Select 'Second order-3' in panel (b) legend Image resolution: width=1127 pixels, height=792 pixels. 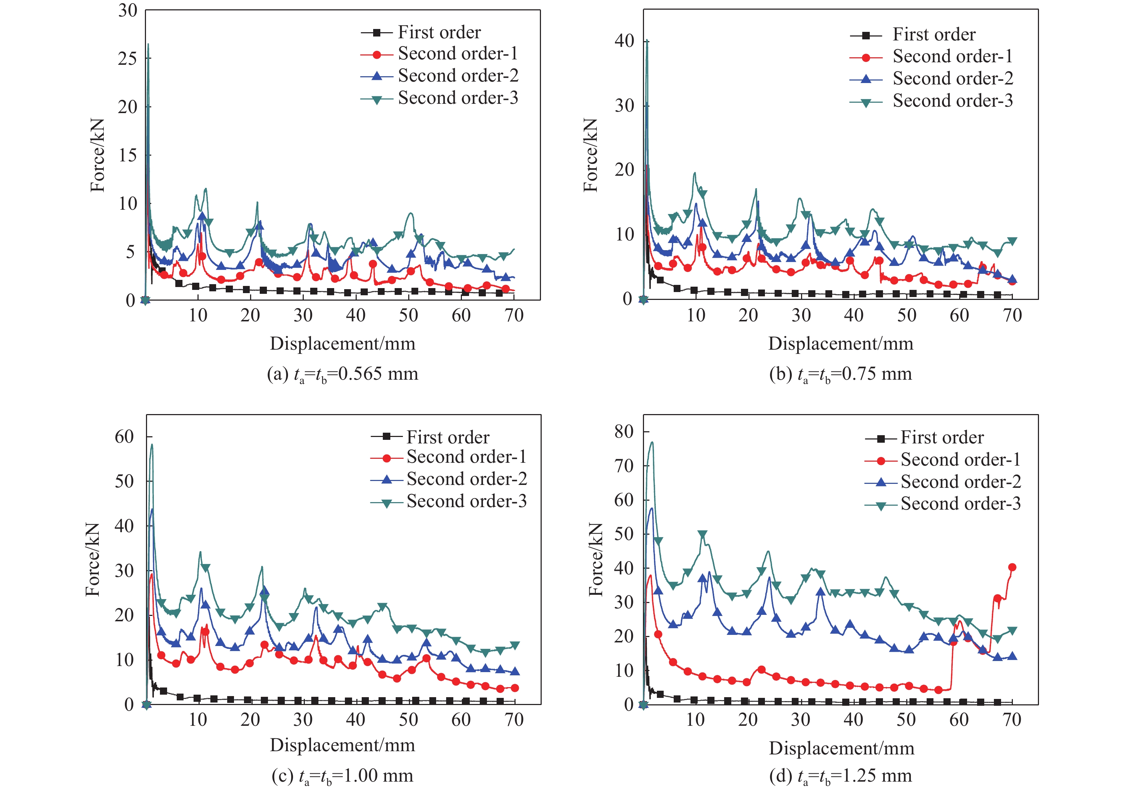click(x=952, y=101)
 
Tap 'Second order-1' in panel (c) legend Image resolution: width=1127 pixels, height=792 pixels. click(x=466, y=457)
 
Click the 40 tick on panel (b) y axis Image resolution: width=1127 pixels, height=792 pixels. click(x=624, y=41)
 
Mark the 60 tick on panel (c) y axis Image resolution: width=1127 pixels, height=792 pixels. click(x=124, y=437)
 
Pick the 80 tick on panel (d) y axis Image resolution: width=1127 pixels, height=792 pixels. click(x=624, y=432)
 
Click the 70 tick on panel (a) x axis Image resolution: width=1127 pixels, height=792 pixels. click(x=514, y=315)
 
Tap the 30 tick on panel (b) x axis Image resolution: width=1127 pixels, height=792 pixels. click(x=801, y=315)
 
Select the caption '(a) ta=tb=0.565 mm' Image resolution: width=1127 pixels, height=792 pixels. click(x=342, y=374)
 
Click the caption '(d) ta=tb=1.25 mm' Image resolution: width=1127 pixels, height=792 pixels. click(x=840, y=776)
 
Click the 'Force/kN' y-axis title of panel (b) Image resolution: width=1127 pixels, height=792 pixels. click(x=590, y=155)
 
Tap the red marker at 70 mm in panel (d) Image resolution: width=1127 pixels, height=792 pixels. click(x=1012, y=568)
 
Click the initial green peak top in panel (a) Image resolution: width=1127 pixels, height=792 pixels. click(x=148, y=44)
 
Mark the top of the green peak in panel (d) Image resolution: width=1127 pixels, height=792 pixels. click(x=652, y=442)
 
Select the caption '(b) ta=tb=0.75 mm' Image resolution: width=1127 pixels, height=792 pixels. click(x=840, y=374)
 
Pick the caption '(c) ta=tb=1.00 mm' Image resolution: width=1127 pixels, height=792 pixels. click(x=342, y=776)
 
